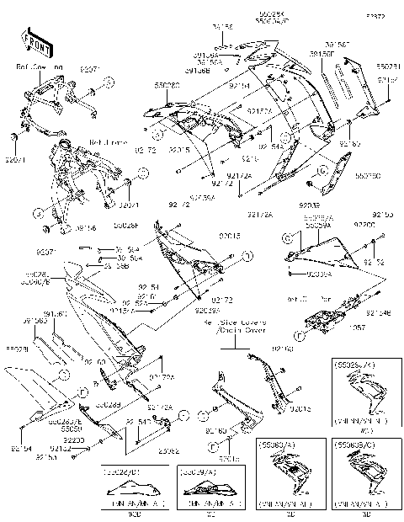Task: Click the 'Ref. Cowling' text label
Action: [x=41, y=64]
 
